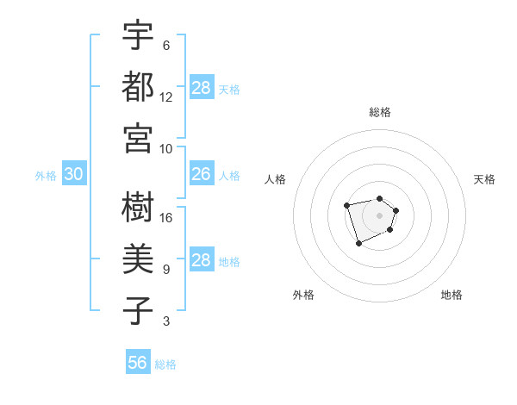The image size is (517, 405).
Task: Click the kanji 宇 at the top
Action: click(x=138, y=37)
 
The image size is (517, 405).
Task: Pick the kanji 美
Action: click(x=138, y=259)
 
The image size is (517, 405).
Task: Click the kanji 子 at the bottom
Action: click(x=138, y=311)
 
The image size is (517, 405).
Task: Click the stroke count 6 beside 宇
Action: click(x=166, y=46)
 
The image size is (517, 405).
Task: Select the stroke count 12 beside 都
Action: click(x=166, y=97)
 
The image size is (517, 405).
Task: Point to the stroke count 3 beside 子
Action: click(x=166, y=321)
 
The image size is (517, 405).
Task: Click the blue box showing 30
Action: click(x=73, y=175)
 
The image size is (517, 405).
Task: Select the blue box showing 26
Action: click(x=202, y=175)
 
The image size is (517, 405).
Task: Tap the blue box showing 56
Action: click(x=138, y=363)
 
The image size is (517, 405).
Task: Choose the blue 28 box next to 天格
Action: click(x=202, y=88)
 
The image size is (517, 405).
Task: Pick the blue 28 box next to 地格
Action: click(x=202, y=260)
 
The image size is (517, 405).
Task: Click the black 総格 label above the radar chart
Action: click(x=379, y=113)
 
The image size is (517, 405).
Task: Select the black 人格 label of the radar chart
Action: click(x=276, y=179)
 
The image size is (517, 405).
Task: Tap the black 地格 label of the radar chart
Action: click(x=452, y=295)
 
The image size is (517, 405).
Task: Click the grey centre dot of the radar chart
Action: click(x=379, y=215)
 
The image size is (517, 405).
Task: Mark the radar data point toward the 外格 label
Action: click(x=358, y=245)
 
